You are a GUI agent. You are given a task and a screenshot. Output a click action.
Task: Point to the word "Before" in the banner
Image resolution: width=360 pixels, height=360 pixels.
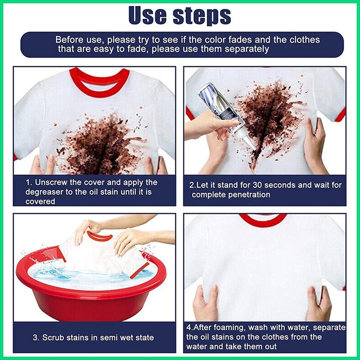pyautogui.click(x=69, y=40)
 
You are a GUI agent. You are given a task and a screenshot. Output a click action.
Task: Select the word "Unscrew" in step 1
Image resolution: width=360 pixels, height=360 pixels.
pyautogui.click(x=51, y=182)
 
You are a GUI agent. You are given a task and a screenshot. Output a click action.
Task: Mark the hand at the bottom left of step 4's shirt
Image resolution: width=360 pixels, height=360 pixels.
pyautogui.click(x=205, y=303)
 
